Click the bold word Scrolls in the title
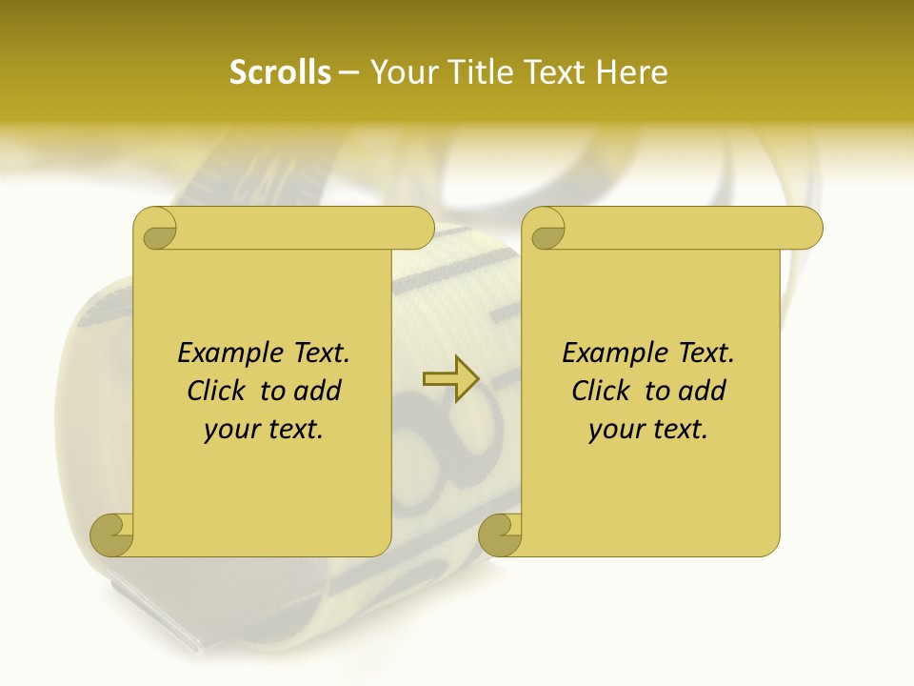tap(280, 72)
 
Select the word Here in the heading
tap(632, 72)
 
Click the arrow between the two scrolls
tap(450, 378)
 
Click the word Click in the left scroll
tap(218, 391)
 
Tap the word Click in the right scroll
tap(603, 391)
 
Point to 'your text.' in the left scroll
tap(264, 430)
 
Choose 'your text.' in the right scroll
tap(648, 430)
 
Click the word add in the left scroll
tap(317, 391)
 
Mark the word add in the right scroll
tap(702, 391)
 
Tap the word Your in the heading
tap(403, 72)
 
